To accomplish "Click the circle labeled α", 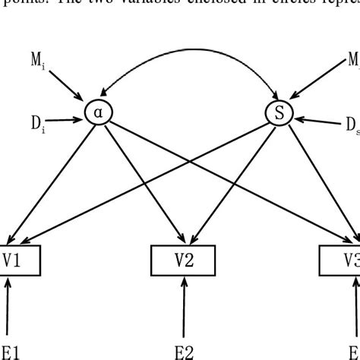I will coord(97,112).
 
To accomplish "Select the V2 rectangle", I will coord(184,261).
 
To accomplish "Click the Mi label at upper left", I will coord(40,63).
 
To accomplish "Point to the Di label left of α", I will coord(39,122).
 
